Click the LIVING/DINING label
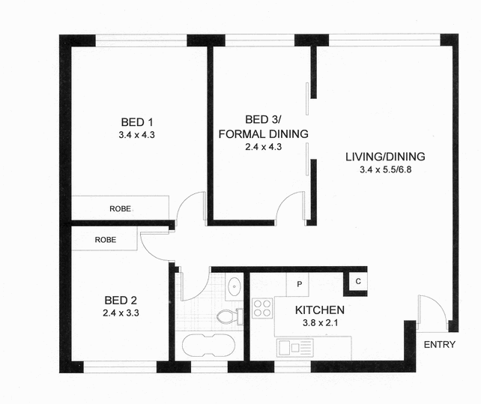385,157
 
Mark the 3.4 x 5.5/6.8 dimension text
385,170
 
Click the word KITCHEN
319,310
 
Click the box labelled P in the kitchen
298,284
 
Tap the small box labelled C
357,282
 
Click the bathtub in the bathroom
209,346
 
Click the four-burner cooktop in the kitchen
262,308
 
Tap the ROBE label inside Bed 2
104,241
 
